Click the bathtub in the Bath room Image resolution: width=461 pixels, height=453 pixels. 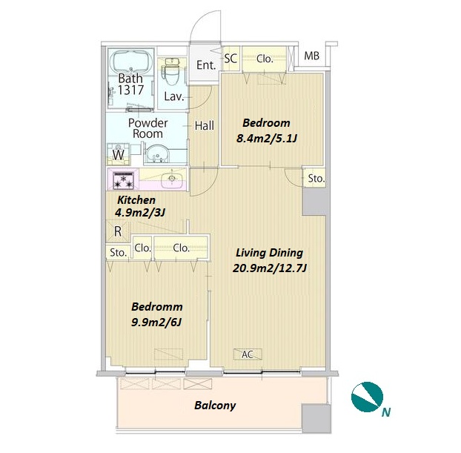pos(131,62)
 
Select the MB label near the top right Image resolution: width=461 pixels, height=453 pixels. pos(311,56)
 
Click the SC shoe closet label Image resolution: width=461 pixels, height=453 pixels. pos(230,59)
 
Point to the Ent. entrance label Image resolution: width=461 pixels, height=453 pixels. pos(206,65)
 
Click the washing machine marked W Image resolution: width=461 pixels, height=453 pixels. pos(118,154)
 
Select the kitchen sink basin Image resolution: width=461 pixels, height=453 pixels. pos(172,179)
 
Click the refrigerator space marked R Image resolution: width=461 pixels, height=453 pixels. pos(118,231)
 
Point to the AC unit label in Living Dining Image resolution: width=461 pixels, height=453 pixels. pos(248,354)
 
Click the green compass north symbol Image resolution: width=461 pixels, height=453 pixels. pos(367,397)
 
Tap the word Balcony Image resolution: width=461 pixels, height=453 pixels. pos(215,406)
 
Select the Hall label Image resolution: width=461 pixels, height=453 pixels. pos(205,125)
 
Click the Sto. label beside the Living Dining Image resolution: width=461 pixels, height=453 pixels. pos(316,178)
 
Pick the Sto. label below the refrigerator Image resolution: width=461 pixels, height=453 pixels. pos(118,252)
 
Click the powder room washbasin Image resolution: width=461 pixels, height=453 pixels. pos(157,154)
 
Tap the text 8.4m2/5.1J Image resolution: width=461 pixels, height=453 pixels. pos(266,138)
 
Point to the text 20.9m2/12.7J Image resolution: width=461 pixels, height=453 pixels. pos(270,268)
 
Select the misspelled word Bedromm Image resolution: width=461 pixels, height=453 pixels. pos(157,307)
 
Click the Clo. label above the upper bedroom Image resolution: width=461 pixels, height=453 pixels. pos(265,59)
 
